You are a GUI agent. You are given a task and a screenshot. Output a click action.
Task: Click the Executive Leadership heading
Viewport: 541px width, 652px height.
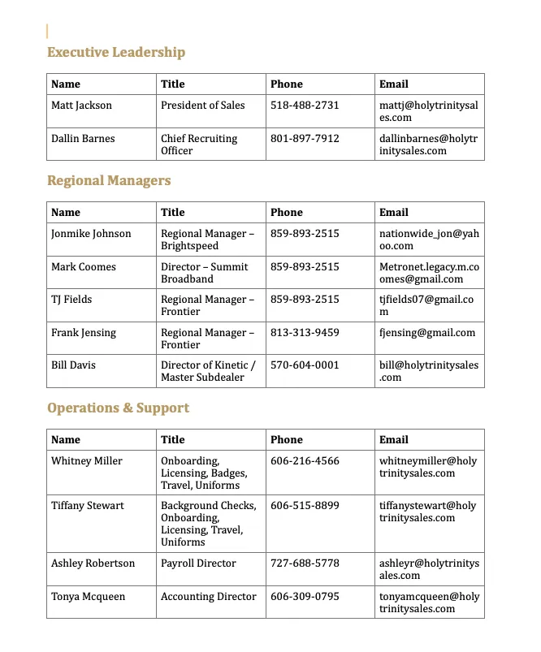tap(116, 53)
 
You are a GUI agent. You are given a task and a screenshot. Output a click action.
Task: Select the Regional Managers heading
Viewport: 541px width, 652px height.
tap(109, 181)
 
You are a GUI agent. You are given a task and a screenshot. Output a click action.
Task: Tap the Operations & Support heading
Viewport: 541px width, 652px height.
tap(118, 408)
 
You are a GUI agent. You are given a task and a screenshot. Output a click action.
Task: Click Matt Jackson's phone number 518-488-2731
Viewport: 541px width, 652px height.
tap(305, 106)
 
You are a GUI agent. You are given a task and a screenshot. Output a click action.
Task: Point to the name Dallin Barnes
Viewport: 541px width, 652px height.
tap(83, 139)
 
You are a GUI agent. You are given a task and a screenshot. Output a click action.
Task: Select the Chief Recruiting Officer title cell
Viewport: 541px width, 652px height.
tap(199, 145)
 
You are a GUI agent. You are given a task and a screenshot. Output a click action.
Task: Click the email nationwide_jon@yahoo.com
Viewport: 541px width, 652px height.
tap(429, 240)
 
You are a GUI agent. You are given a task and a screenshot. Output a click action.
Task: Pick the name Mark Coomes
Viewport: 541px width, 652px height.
tap(84, 267)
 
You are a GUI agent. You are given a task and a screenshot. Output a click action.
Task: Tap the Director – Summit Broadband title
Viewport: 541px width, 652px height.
tap(204, 273)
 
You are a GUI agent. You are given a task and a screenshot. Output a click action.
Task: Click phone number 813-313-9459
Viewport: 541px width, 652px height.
tap(305, 333)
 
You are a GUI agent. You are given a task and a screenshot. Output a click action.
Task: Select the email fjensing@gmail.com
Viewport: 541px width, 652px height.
tap(427, 333)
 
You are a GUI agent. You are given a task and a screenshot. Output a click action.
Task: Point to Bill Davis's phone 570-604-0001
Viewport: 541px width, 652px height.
tap(305, 365)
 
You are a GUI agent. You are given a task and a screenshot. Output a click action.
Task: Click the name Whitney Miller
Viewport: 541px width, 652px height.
tap(87, 461)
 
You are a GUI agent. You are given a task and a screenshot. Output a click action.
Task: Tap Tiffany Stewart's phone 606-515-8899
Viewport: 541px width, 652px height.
tap(305, 506)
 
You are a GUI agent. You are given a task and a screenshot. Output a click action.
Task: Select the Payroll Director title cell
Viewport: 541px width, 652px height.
tap(198, 563)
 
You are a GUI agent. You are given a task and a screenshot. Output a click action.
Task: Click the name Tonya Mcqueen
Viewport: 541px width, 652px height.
tap(89, 597)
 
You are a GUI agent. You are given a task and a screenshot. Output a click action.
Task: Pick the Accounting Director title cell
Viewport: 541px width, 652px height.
tap(209, 597)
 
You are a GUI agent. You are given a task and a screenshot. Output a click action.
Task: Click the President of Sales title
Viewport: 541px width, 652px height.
tap(203, 106)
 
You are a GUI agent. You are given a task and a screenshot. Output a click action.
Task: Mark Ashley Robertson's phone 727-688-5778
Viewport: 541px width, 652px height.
tap(305, 563)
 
